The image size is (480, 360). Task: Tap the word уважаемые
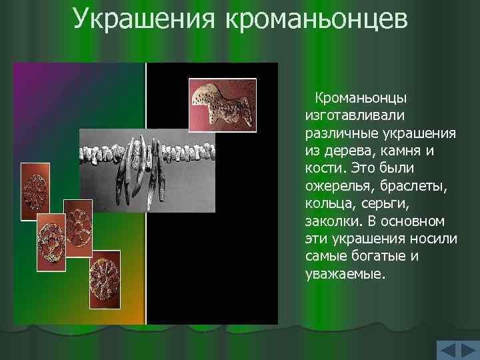tap(344, 274)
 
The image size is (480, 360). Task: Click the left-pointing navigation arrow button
tap(448, 351)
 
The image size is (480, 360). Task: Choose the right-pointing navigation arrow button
tap(468, 351)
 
